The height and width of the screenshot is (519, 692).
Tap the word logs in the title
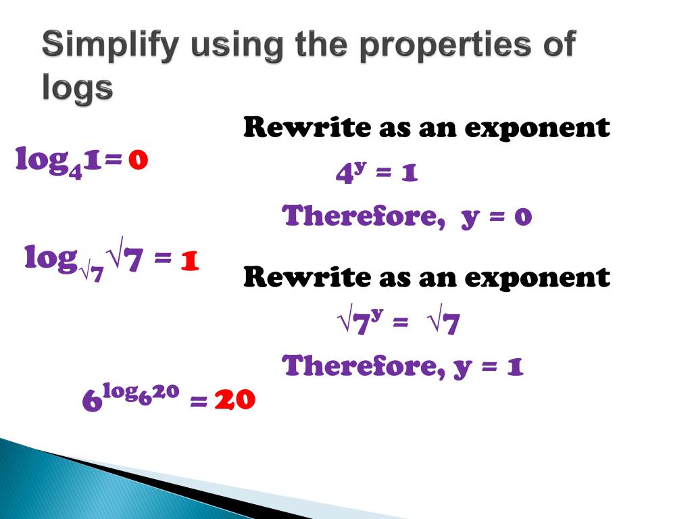pyautogui.click(x=76, y=88)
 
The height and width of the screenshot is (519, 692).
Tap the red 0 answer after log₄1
pyautogui.click(x=138, y=160)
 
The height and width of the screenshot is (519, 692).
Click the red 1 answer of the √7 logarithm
pyautogui.click(x=189, y=260)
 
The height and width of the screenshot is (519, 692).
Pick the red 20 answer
pyautogui.click(x=234, y=401)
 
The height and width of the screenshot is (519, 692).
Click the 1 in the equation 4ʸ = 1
pyautogui.click(x=409, y=174)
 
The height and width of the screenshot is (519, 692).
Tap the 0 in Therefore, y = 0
pyautogui.click(x=524, y=217)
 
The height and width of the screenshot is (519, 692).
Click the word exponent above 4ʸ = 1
pyautogui.click(x=541, y=128)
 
